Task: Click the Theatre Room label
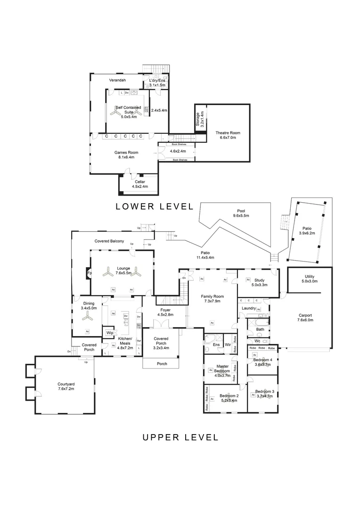click(225, 132)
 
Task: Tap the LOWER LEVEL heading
click(155, 206)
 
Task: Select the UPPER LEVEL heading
click(180, 437)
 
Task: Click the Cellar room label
click(140, 181)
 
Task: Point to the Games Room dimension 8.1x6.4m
click(126, 157)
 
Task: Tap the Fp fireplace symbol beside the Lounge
click(89, 273)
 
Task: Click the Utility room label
click(309, 277)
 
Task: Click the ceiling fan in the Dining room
click(87, 318)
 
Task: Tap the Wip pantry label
click(109, 333)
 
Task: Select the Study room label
click(259, 280)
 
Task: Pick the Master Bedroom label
click(222, 369)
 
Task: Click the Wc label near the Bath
click(257, 341)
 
